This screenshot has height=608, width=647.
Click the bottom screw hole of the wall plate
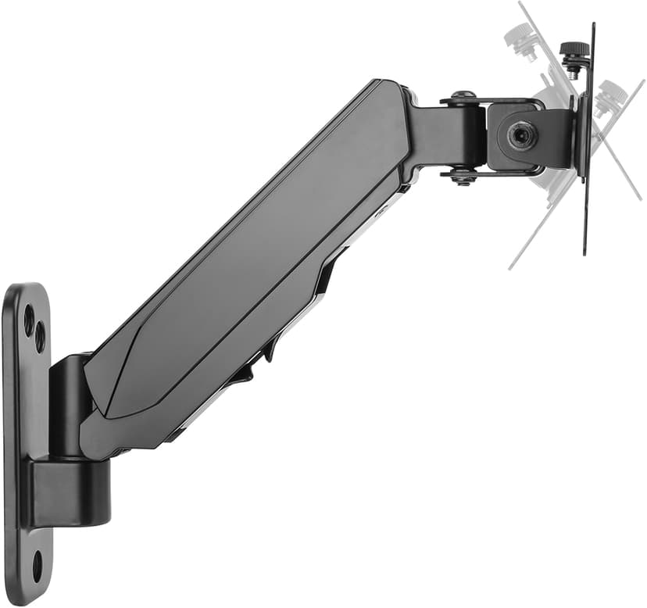[x=37, y=564]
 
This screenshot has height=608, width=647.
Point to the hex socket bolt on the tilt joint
[x=521, y=136]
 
